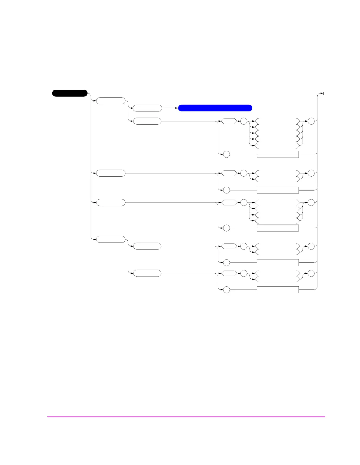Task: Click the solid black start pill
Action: coord(70,93)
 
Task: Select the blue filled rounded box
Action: coord(215,108)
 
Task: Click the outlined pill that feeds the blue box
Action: coord(147,108)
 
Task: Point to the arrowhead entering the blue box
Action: coord(177,108)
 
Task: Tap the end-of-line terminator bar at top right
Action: coord(323,93)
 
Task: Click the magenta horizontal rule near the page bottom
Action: coord(186,417)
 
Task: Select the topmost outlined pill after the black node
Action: coord(111,101)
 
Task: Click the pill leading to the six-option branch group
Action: coord(147,121)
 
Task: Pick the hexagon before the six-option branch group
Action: coord(229,121)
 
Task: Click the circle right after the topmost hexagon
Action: coord(244,121)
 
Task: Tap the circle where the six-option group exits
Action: coord(311,121)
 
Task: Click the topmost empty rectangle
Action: coord(278,154)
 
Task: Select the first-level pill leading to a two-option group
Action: coord(111,173)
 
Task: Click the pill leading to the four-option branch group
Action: coord(111,203)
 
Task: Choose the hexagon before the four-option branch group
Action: coord(229,203)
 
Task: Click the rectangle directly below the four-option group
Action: coord(278,228)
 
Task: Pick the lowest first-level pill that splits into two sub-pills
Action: coord(111,239)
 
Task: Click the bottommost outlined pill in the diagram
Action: coord(147,273)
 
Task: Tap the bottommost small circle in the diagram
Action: coord(226,290)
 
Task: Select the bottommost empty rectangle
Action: coord(278,290)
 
